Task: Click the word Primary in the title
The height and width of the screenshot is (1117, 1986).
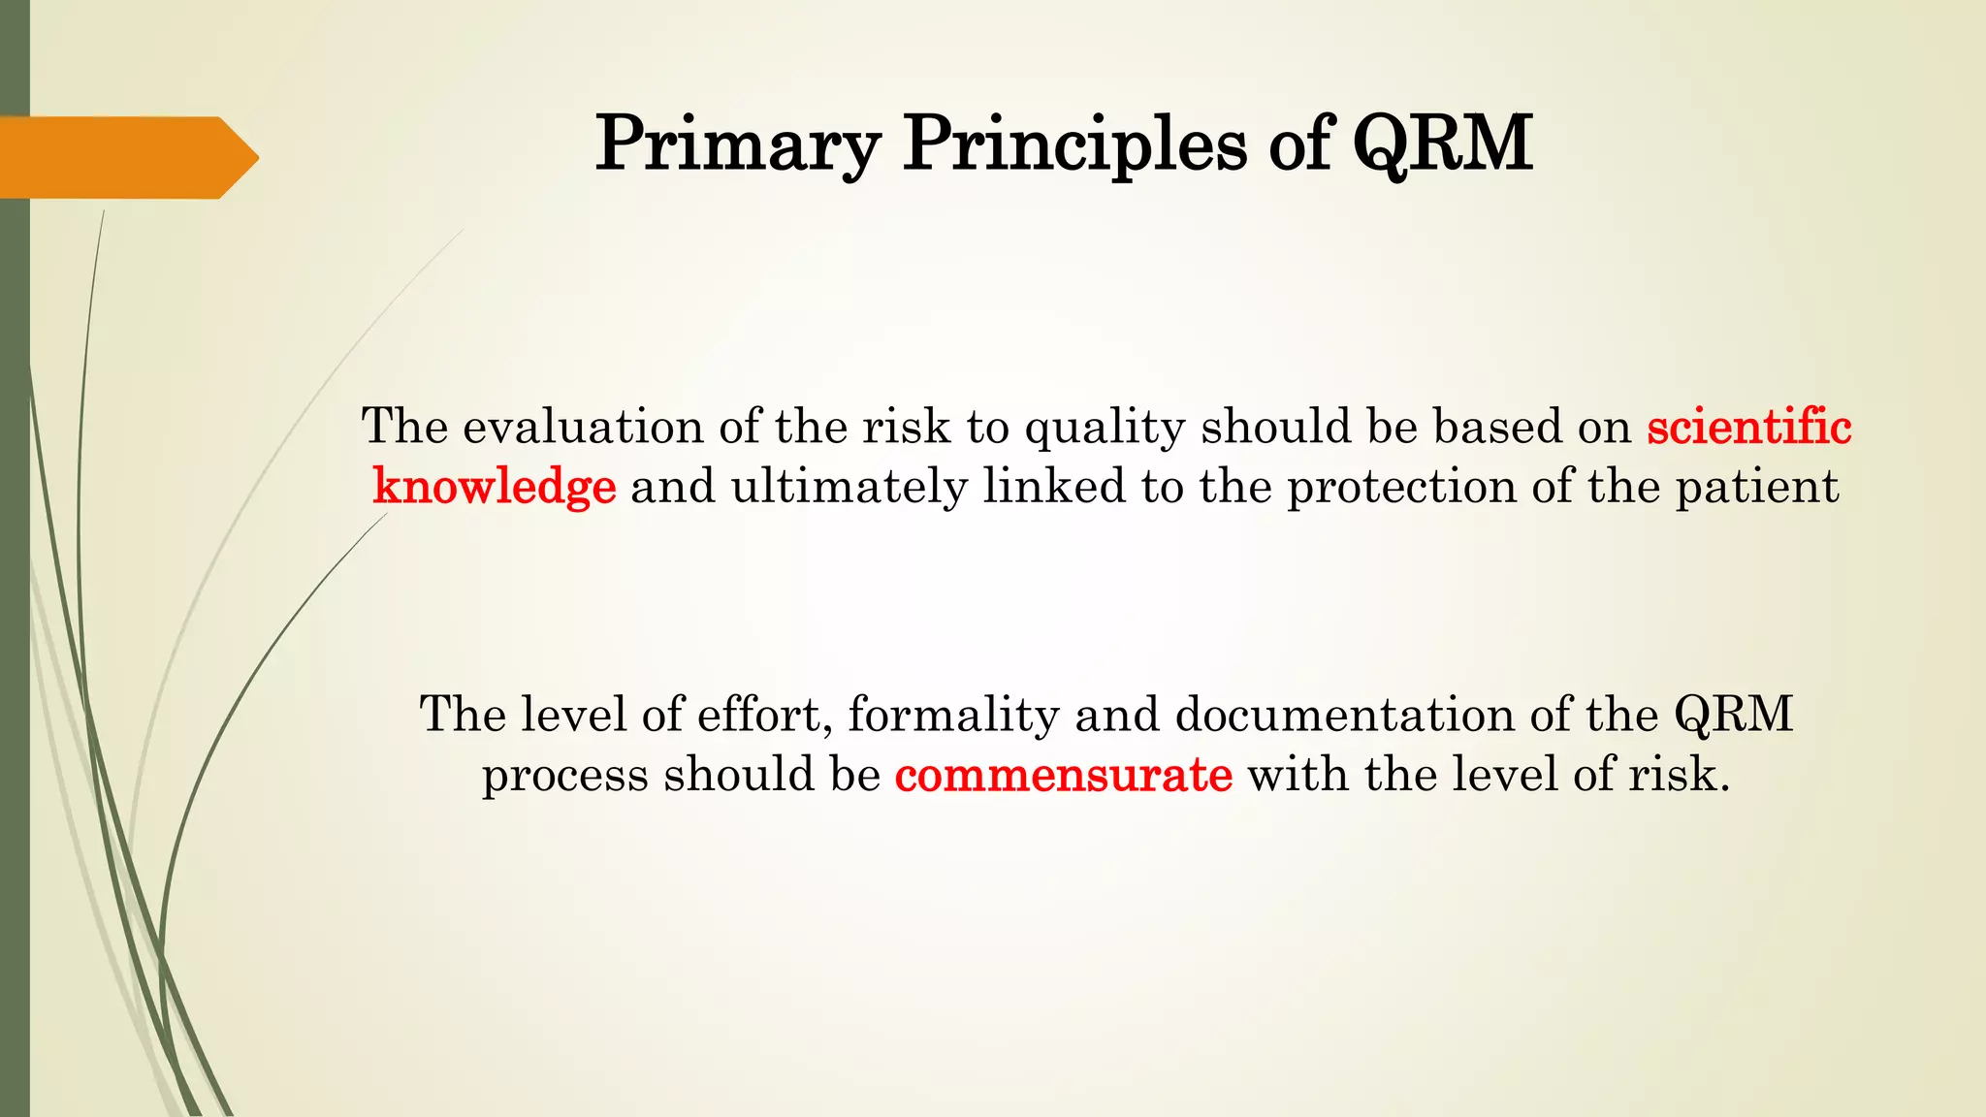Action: coord(737,144)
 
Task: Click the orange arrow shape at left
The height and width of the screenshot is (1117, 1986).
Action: coord(126,157)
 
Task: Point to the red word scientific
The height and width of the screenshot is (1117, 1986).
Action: coord(1749,427)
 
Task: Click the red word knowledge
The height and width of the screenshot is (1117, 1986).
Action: coord(495,486)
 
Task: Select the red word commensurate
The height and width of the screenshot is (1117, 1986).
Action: coord(1064,775)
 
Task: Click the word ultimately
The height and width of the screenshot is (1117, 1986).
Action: coord(849,486)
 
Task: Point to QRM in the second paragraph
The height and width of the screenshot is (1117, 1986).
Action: coord(1733,716)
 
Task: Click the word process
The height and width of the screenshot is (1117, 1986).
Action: coord(565,775)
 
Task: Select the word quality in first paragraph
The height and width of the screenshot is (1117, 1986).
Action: coord(1105,429)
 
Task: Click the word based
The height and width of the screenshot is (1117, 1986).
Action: coord(1497,427)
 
